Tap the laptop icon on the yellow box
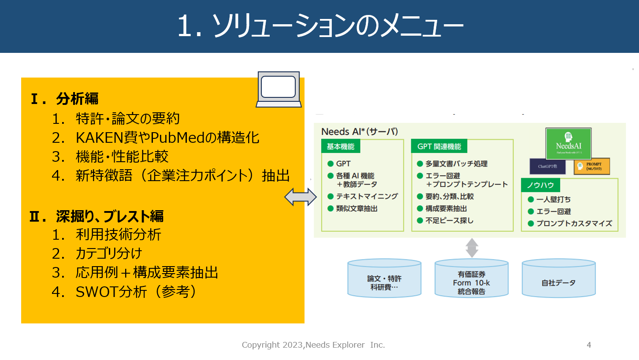point(279,89)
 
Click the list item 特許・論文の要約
point(127,119)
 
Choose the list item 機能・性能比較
point(122,157)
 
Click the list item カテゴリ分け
point(109,254)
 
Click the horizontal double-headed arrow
point(301,197)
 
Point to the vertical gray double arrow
point(472,248)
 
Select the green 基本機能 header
point(341,147)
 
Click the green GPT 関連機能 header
point(439,147)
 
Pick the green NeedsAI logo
point(568,143)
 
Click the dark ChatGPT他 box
point(547,167)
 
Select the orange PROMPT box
point(591,166)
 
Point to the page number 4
point(589,345)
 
